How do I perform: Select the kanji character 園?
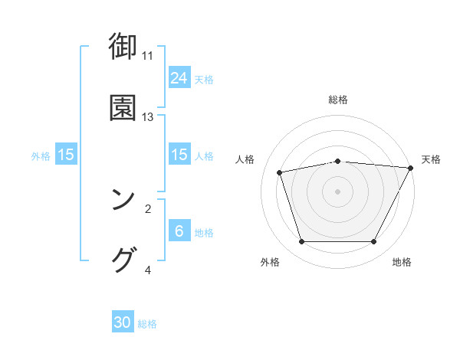pyautogui.click(x=123, y=107)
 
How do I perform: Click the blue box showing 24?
pyautogui.click(x=179, y=77)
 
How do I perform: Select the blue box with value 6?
pyautogui.click(x=179, y=231)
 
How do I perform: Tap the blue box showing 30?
pyautogui.click(x=123, y=322)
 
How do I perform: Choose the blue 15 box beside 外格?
pyautogui.click(x=66, y=155)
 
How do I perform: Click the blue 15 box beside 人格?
pyautogui.click(x=179, y=155)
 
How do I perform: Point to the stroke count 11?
pyautogui.click(x=148, y=56)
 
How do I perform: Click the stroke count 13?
pyautogui.click(x=148, y=117)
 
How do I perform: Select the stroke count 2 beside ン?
pyautogui.click(x=148, y=208)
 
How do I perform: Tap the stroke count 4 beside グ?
pyautogui.click(x=148, y=270)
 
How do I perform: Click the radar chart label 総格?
pyautogui.click(x=338, y=100)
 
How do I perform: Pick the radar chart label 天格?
pyautogui.click(x=431, y=159)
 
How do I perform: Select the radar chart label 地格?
pyautogui.click(x=402, y=262)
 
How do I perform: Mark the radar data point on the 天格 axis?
pyautogui.click(x=411, y=168)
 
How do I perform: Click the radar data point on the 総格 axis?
pyautogui.click(x=338, y=162)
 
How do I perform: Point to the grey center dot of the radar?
pyautogui.click(x=338, y=191)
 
